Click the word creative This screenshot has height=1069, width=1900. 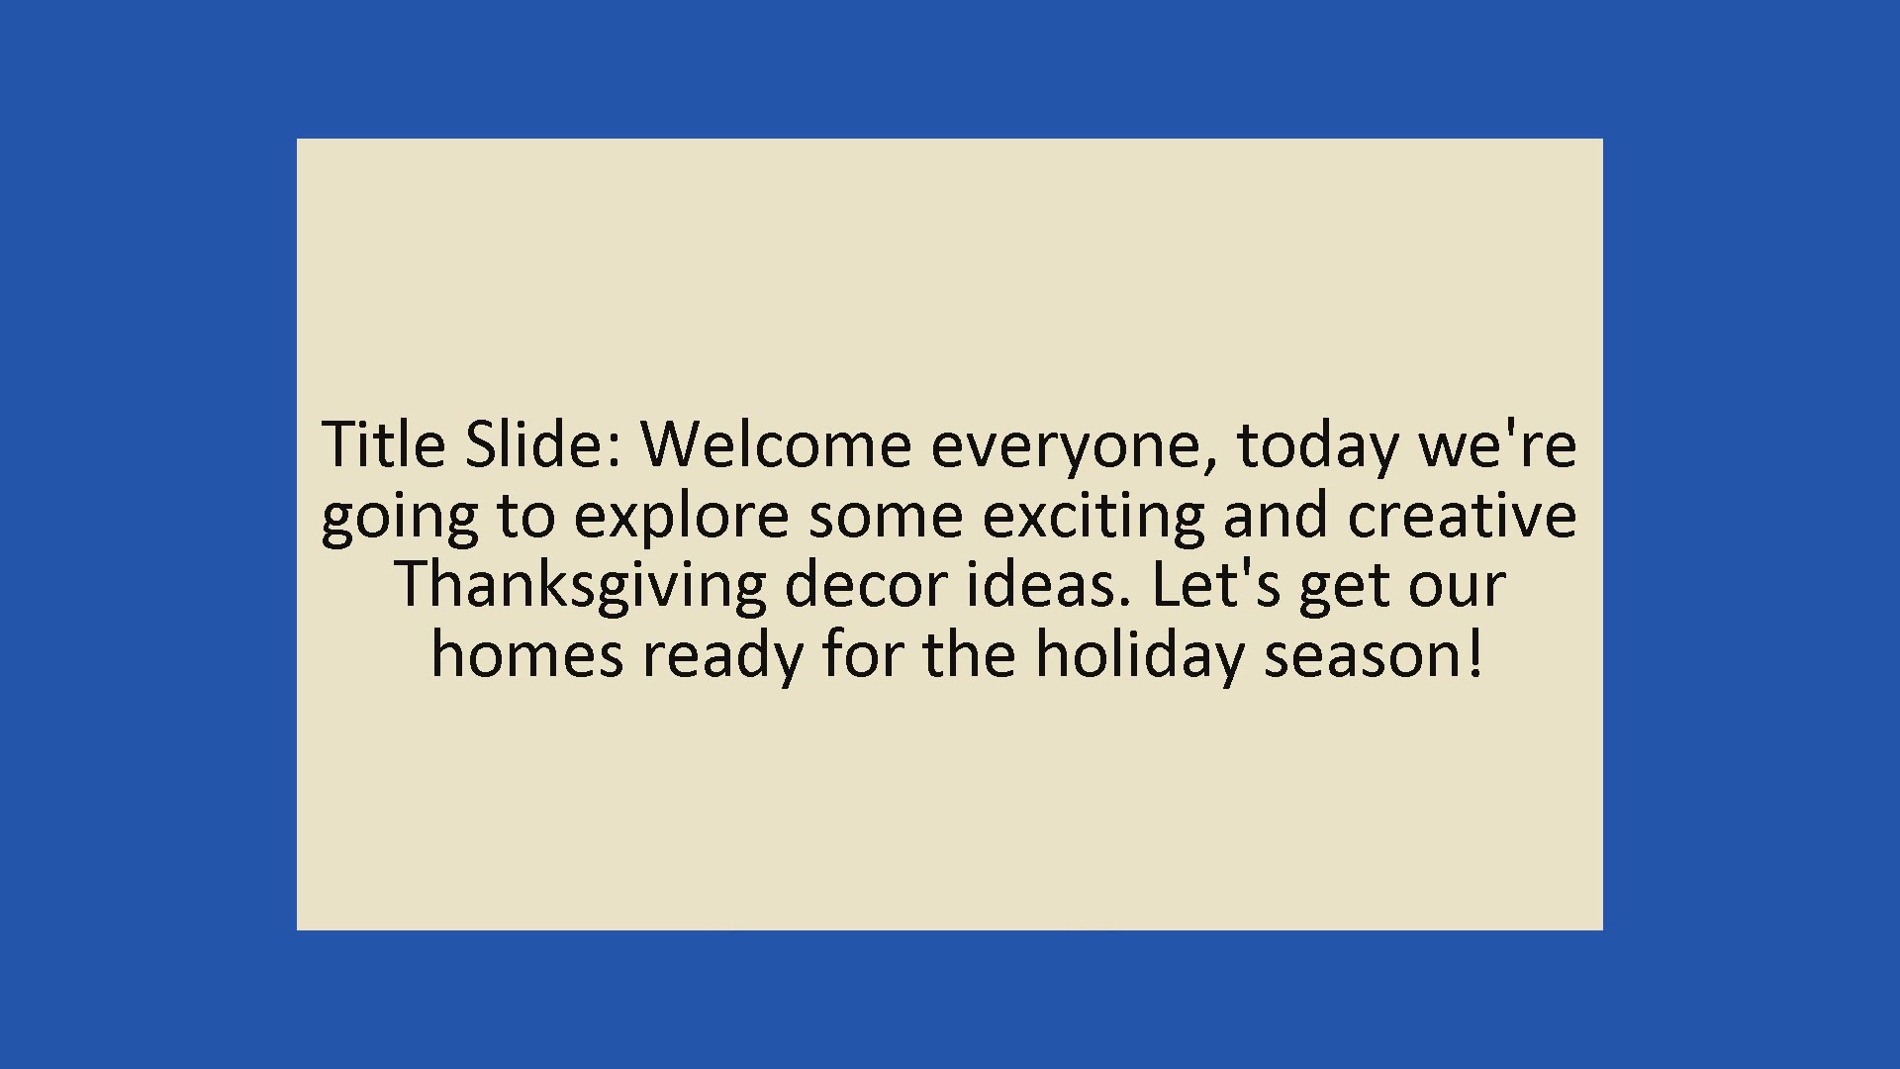point(1462,515)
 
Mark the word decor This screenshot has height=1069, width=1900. point(866,584)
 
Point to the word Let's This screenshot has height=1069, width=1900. point(1216,584)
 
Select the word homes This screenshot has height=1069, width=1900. point(527,654)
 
